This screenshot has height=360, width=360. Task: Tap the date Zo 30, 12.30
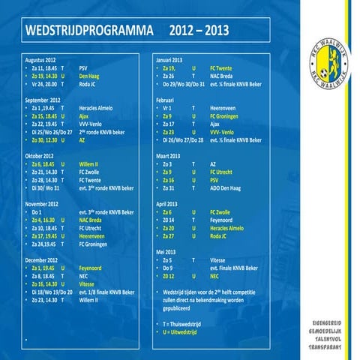click(45, 139)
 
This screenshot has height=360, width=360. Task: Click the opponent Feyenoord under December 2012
click(92, 268)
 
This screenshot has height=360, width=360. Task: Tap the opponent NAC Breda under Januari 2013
click(224, 76)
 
